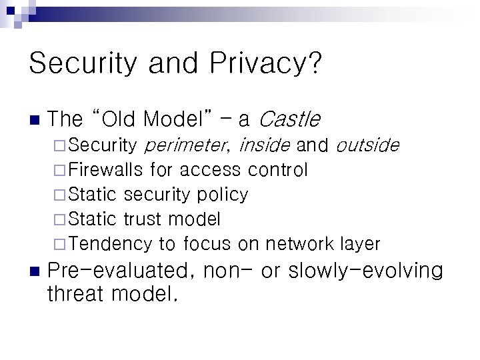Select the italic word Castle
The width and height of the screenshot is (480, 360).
[289, 119]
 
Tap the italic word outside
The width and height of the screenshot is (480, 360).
[367, 145]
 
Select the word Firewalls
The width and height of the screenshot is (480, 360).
[105, 170]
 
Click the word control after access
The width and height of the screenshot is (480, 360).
[277, 170]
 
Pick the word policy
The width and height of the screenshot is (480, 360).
[223, 195]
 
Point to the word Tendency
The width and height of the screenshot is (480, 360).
[110, 244]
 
